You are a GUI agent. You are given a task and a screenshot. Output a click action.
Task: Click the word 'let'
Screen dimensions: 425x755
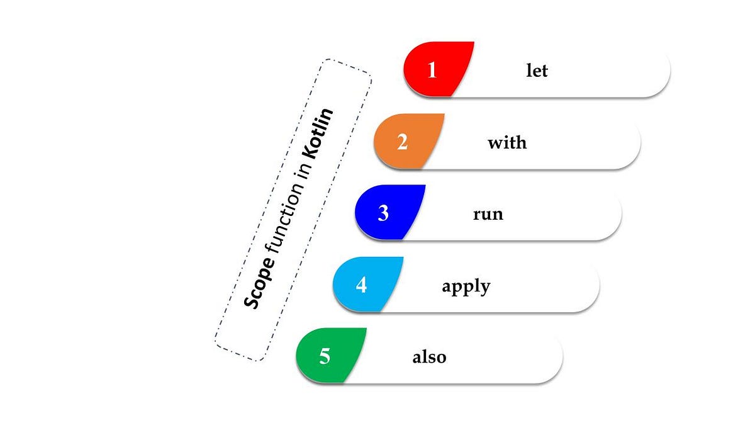pos(537,70)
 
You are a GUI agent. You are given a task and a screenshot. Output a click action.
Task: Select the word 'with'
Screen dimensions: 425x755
pos(507,142)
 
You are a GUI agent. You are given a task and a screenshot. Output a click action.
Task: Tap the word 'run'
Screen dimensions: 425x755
pos(488,213)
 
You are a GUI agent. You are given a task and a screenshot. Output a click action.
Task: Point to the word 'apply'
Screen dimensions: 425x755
pos(466,286)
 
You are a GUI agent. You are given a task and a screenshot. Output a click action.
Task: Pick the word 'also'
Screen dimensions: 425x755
pos(429,357)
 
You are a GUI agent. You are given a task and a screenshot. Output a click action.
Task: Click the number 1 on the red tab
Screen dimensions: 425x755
pos(432,70)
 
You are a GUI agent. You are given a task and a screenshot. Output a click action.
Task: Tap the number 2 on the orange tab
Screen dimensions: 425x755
pos(403,142)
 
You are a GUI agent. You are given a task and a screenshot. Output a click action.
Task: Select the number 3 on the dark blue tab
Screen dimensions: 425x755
pos(384,213)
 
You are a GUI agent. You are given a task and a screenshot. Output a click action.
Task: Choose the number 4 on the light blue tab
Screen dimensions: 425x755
pos(361,285)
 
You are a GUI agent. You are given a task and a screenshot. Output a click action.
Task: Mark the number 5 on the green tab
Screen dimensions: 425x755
pos(325,357)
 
